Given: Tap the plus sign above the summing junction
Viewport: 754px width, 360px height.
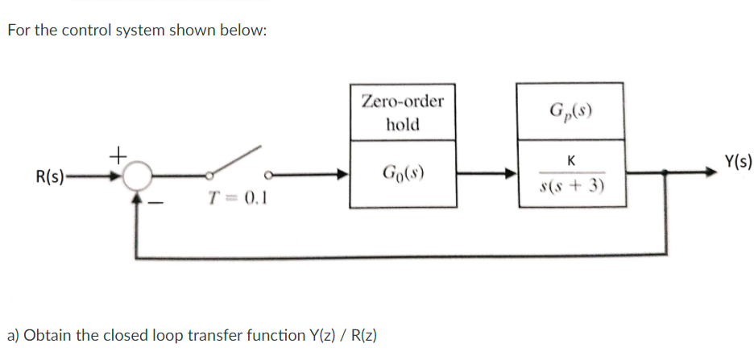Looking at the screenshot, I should pyautogui.click(x=118, y=151).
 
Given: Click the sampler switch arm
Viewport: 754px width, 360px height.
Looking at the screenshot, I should pyautogui.click(x=237, y=160).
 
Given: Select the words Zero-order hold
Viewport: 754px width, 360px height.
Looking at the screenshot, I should pyautogui.click(x=402, y=113).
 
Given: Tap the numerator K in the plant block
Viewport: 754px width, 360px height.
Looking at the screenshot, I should pyautogui.click(x=570, y=160).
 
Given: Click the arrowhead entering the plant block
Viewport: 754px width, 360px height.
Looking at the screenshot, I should pyautogui.click(x=509, y=173).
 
